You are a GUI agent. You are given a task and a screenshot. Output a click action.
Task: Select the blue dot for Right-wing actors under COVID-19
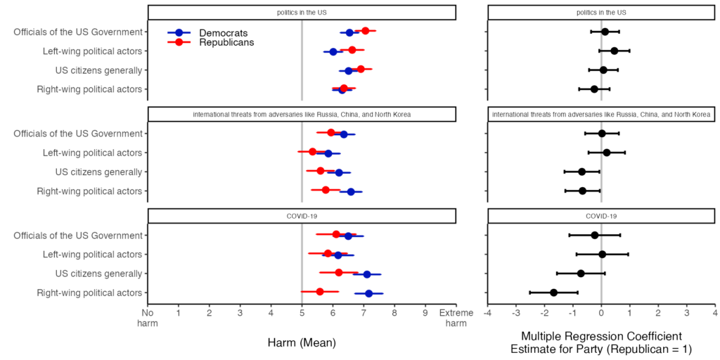coord(368,292)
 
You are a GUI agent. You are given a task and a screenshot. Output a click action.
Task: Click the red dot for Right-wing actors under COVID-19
coord(320,291)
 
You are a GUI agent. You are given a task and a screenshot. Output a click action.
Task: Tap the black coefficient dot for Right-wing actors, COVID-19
coord(553,292)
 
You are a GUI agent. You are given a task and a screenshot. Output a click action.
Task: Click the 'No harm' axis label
coord(147,318)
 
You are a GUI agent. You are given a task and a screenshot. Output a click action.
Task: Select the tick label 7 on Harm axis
coord(364,313)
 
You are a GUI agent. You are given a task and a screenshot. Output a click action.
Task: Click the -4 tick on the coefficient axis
coord(487,313)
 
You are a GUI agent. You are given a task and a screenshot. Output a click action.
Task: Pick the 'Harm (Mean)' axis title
coord(301,342)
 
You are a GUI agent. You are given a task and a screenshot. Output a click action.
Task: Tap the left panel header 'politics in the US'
coord(302,13)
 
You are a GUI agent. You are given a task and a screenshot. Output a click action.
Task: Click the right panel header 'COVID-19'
coord(600,217)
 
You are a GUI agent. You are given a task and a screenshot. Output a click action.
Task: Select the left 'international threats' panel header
coord(302,115)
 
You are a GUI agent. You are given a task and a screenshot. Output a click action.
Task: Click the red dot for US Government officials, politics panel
coord(365,31)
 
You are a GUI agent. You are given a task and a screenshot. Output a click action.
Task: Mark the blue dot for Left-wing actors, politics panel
coord(333,51)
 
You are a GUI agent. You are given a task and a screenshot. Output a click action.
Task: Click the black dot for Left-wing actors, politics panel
coord(614,51)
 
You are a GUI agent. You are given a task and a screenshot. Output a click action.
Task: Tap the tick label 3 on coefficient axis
coord(686,313)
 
